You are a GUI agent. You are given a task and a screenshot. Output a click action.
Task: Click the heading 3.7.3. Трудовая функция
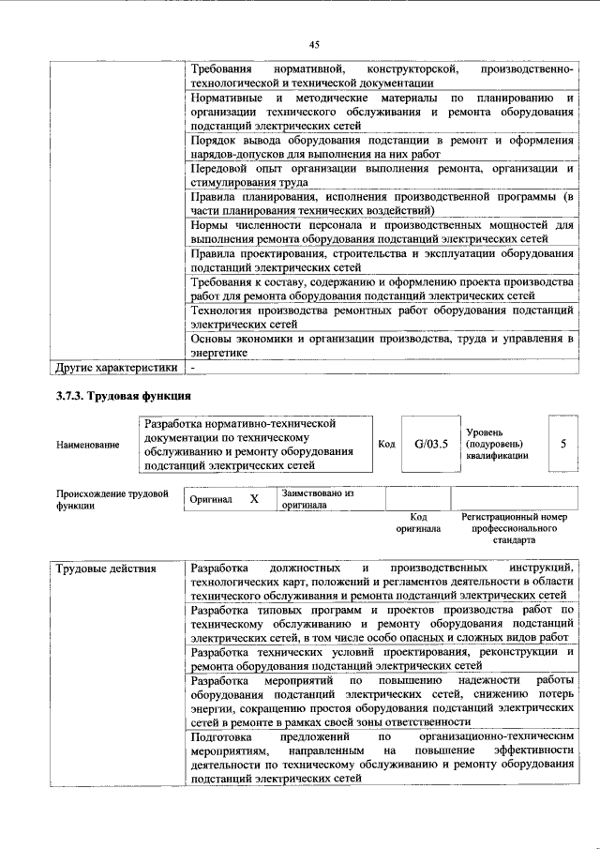click(x=124, y=397)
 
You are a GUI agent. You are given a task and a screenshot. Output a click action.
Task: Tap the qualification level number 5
click(x=562, y=444)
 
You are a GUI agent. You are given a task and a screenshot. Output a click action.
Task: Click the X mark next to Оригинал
click(x=253, y=499)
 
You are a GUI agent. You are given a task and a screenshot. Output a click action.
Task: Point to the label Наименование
click(x=87, y=445)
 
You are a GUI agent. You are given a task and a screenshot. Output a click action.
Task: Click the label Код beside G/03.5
click(x=385, y=444)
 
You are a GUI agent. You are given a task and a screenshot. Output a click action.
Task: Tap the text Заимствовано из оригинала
click(x=317, y=498)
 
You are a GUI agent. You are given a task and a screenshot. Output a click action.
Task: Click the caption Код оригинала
click(x=418, y=523)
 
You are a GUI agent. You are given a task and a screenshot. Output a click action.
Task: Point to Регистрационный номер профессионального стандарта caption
click(x=515, y=528)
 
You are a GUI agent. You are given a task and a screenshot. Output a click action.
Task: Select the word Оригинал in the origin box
click(x=210, y=500)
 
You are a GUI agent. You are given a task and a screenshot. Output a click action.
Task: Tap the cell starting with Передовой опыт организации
click(x=381, y=175)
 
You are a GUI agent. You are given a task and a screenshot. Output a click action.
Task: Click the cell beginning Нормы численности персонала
click(x=381, y=232)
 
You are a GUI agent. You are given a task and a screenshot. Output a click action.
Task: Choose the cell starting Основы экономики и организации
click(x=381, y=344)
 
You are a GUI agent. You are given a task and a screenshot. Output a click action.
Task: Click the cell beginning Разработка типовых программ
click(x=381, y=624)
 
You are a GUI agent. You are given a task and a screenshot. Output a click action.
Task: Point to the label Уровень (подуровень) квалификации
click(x=496, y=443)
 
